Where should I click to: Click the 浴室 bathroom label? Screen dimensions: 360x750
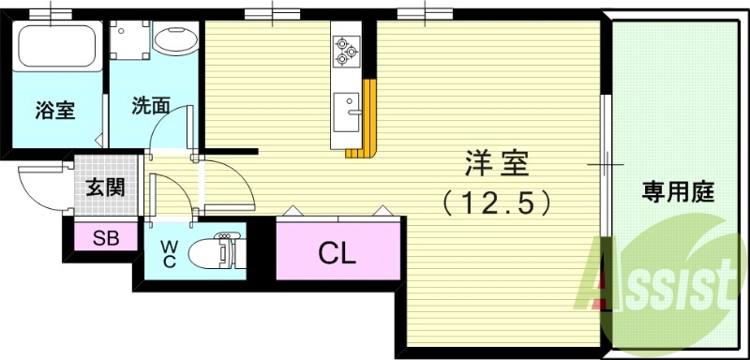tap(55, 108)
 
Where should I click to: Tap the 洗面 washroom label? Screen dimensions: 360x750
tap(150, 106)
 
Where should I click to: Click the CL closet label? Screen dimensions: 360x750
tap(336, 251)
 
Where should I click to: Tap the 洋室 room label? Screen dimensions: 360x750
tap(496, 165)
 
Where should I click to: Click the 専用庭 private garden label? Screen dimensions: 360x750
tap(678, 194)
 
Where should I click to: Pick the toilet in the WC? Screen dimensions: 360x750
tap(214, 251)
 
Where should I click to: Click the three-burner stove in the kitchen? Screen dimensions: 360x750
tap(343, 49)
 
